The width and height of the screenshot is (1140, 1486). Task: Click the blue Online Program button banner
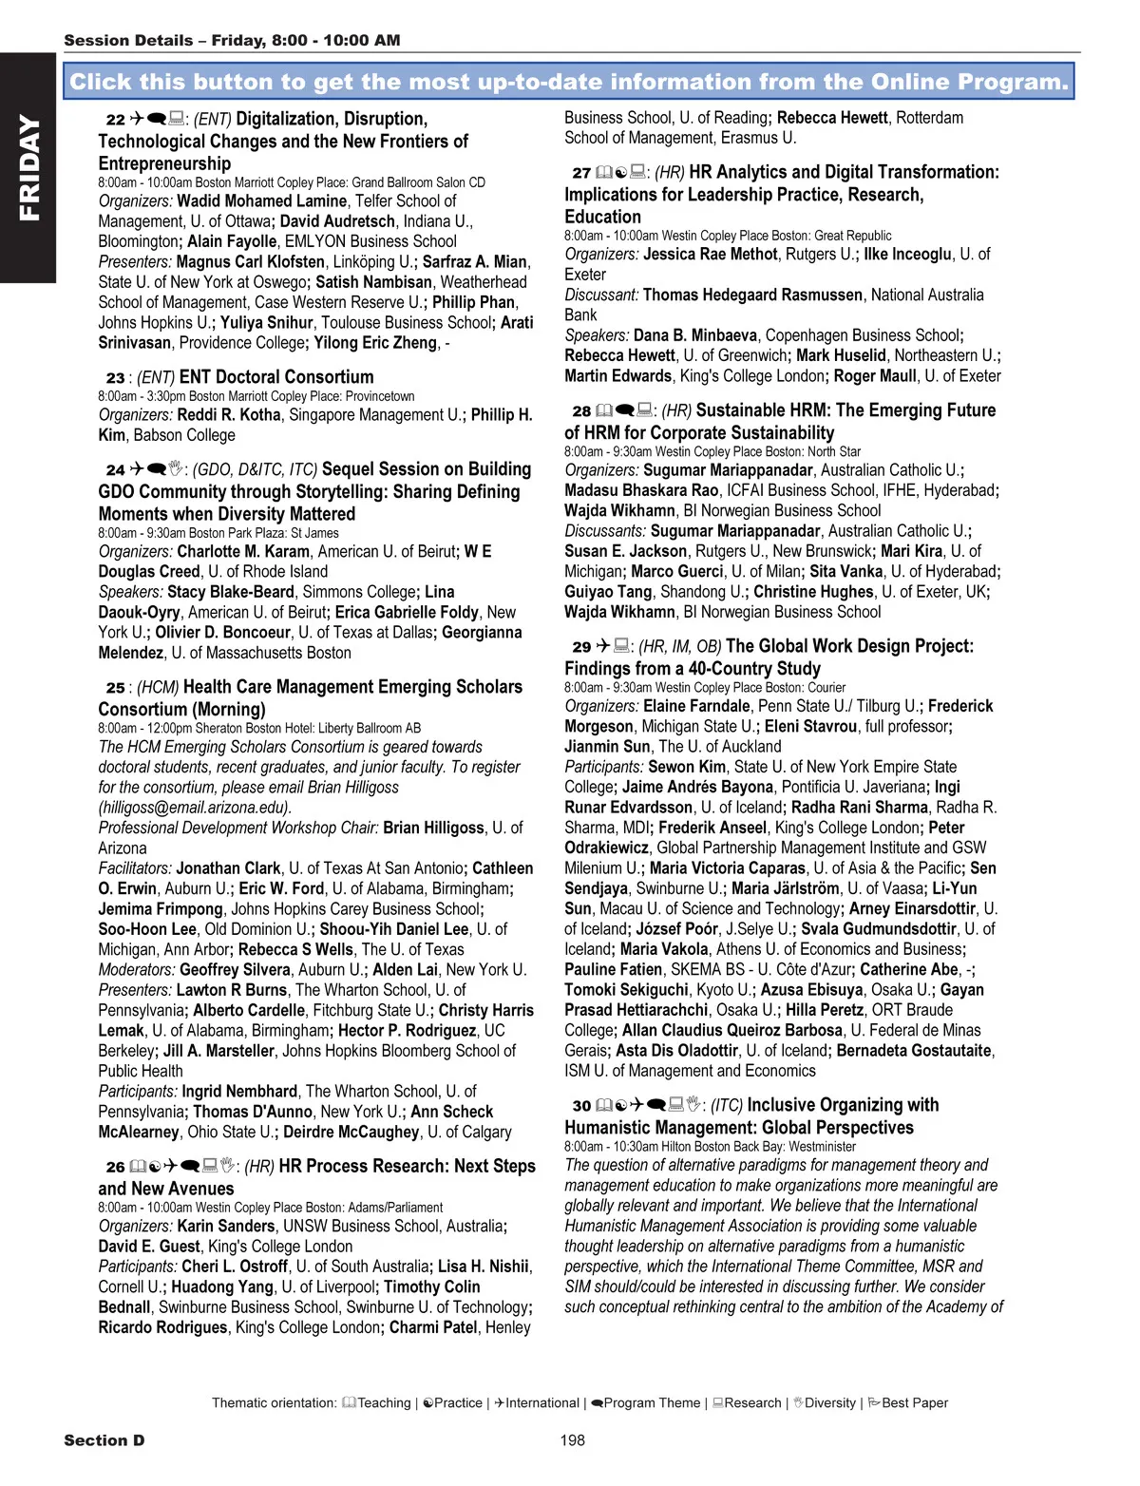pyautogui.click(x=569, y=82)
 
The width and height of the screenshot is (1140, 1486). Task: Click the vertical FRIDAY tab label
pyautogui.click(x=28, y=168)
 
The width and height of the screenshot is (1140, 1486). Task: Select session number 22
pyautogui.click(x=115, y=120)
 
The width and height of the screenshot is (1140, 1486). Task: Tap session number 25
pyautogui.click(x=115, y=688)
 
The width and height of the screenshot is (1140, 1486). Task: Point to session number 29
pyautogui.click(x=581, y=647)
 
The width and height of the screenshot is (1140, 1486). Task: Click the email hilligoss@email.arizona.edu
pyautogui.click(x=194, y=808)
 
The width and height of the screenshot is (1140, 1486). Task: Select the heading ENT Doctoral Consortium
pyautogui.click(x=276, y=377)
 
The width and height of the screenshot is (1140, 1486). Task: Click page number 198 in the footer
pyautogui.click(x=572, y=1440)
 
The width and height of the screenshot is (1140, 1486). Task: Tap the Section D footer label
pyautogui.click(x=104, y=1440)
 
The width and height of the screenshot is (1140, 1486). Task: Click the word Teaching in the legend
pyautogui.click(x=384, y=1403)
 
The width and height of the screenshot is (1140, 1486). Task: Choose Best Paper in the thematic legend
pyautogui.click(x=914, y=1403)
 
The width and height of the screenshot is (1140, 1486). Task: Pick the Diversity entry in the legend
pyautogui.click(x=829, y=1403)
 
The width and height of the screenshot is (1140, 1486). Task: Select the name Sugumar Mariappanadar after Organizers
pyautogui.click(x=728, y=470)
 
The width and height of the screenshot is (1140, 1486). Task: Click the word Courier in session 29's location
pyautogui.click(x=826, y=688)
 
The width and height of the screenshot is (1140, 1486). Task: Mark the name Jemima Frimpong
pyautogui.click(x=161, y=909)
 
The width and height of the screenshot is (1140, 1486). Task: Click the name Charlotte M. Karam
pyautogui.click(x=243, y=552)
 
